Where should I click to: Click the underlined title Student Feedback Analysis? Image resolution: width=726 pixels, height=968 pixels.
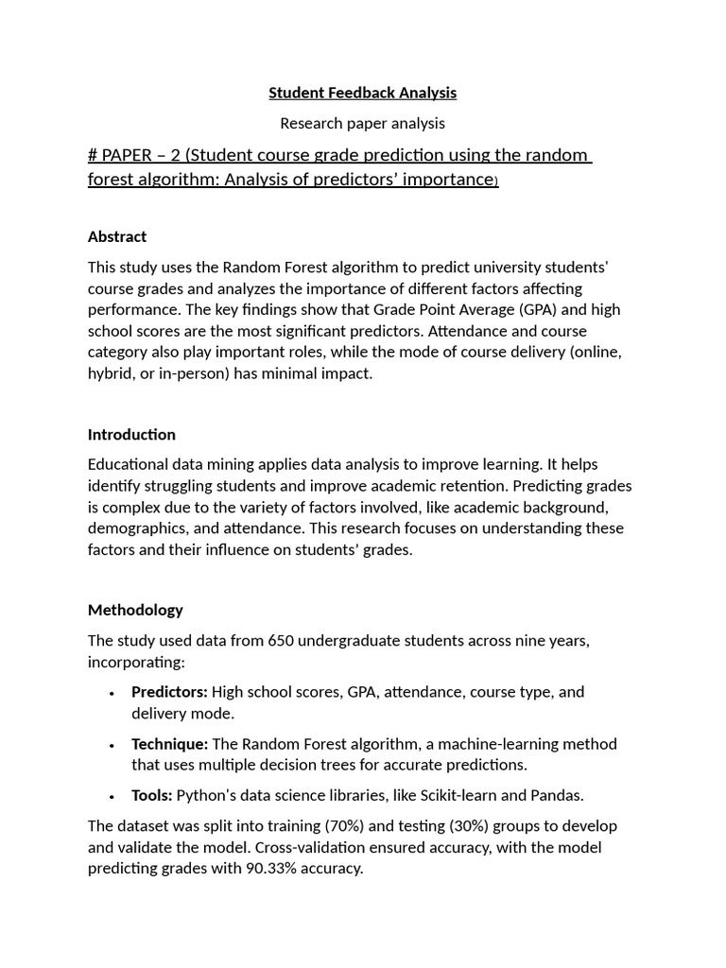(x=362, y=93)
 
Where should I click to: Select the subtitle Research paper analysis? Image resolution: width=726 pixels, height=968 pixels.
(x=362, y=123)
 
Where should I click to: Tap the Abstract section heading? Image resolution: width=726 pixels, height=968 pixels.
(x=117, y=236)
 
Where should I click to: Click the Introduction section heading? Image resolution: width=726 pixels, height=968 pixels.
(x=131, y=435)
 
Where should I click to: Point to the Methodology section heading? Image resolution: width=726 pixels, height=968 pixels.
(x=135, y=610)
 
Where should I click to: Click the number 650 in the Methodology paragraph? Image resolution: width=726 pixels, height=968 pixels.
(x=280, y=641)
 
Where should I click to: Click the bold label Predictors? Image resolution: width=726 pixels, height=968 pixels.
(x=169, y=692)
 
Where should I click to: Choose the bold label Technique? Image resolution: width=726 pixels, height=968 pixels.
(x=169, y=744)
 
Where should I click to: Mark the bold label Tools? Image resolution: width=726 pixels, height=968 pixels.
(x=151, y=795)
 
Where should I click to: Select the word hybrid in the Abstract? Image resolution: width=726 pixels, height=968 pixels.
(x=112, y=373)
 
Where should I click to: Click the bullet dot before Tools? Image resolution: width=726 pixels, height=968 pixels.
(x=112, y=797)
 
